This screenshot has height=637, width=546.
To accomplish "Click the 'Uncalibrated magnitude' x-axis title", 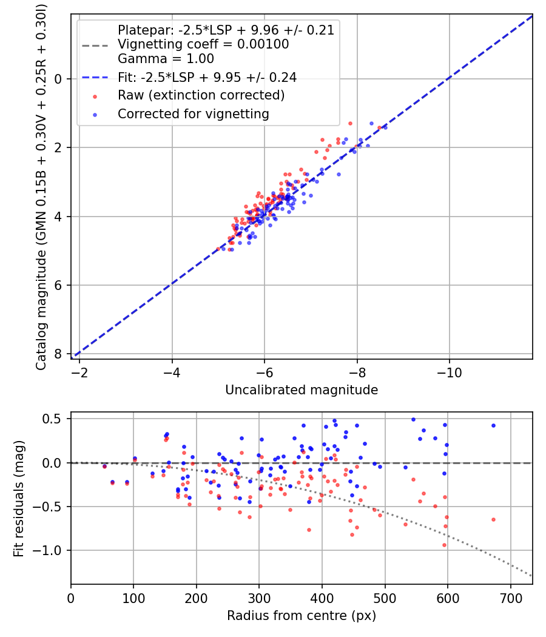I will point(302,390).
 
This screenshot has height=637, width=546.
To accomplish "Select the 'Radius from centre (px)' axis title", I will point(302,616).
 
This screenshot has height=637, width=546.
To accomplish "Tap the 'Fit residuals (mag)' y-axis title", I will point(19,498).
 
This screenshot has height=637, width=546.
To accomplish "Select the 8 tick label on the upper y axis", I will point(58,354).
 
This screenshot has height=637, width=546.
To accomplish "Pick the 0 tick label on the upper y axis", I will point(58,79).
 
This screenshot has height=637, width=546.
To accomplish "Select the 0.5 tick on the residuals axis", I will point(55,419).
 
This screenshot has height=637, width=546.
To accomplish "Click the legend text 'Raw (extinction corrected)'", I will point(201,95).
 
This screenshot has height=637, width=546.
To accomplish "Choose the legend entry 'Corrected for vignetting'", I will point(194,113).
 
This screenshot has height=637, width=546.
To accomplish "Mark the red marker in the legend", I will point(94,96).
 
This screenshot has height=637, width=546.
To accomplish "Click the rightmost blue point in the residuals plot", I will point(493,426).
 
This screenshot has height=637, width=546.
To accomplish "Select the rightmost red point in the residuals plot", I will point(493,519).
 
